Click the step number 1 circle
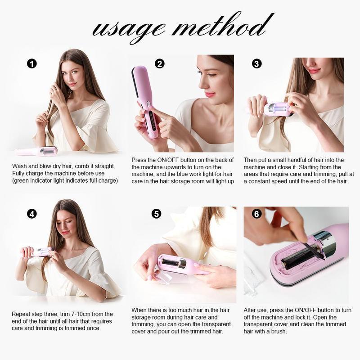[31, 64]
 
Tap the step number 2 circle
[159, 64]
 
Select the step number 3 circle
[256, 64]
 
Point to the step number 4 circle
[31, 214]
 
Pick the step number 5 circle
[156, 214]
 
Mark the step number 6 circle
[256, 214]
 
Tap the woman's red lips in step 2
[210, 94]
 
